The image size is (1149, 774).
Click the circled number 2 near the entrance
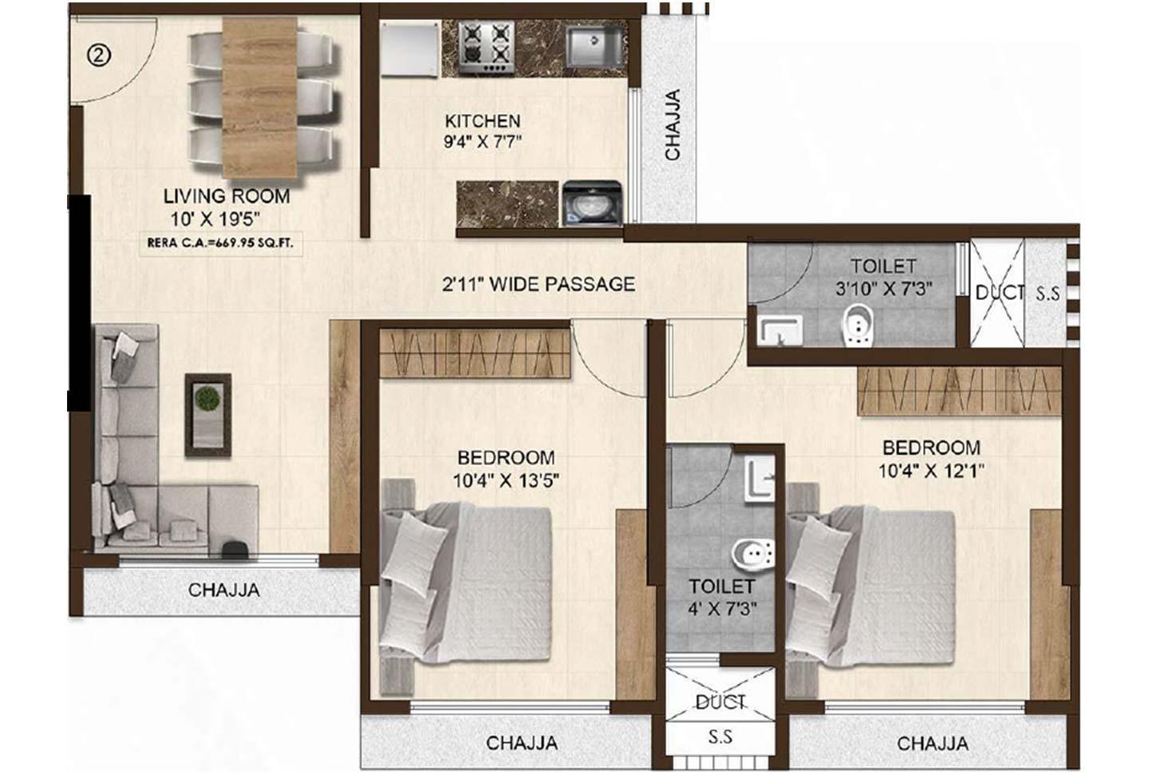pos(99,55)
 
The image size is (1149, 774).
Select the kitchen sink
pos(595,46)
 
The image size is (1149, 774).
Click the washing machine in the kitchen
pos(592,203)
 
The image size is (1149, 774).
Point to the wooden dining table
pos(259,98)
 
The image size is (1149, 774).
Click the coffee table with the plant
pos(207,414)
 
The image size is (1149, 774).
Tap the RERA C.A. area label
pos(220,243)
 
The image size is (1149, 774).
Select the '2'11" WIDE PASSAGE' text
pos(539,284)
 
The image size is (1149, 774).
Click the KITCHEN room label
pos(483,121)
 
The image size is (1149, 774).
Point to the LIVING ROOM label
pos(227,196)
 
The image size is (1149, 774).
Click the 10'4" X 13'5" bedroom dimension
pos(506,480)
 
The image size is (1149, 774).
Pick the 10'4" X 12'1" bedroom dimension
pos(931,471)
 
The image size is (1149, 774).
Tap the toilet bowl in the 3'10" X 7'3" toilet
pos(858,326)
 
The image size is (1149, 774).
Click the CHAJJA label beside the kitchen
pos(672,124)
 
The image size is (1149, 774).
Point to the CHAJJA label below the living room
pos(224,590)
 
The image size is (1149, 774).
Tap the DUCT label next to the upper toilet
pos(999,293)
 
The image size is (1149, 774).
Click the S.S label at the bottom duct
pos(721,737)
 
